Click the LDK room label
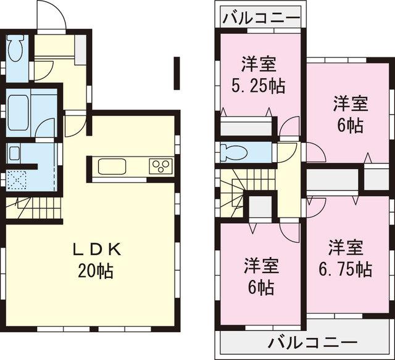pos(99,249)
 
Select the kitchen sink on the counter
pos(112,166)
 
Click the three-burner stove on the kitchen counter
pos(162,166)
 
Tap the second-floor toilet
pos(235,151)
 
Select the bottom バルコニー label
pos(314,340)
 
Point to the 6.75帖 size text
pos(344,269)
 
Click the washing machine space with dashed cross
pos(17,179)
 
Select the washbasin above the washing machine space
pos(14,152)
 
